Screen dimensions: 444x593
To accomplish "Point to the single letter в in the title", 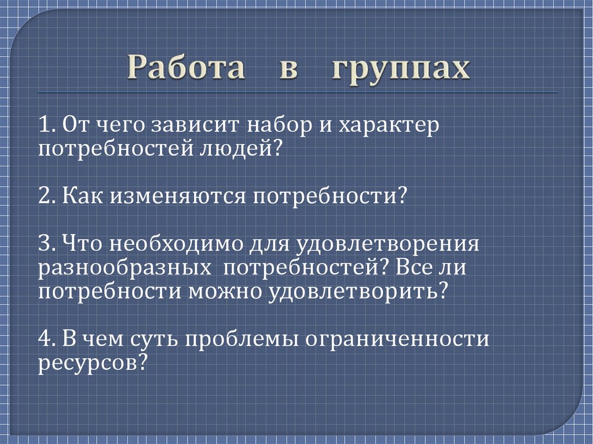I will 289,70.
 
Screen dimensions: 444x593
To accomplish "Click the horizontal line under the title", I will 296,93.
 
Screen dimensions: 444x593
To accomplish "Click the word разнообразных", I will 125,267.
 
